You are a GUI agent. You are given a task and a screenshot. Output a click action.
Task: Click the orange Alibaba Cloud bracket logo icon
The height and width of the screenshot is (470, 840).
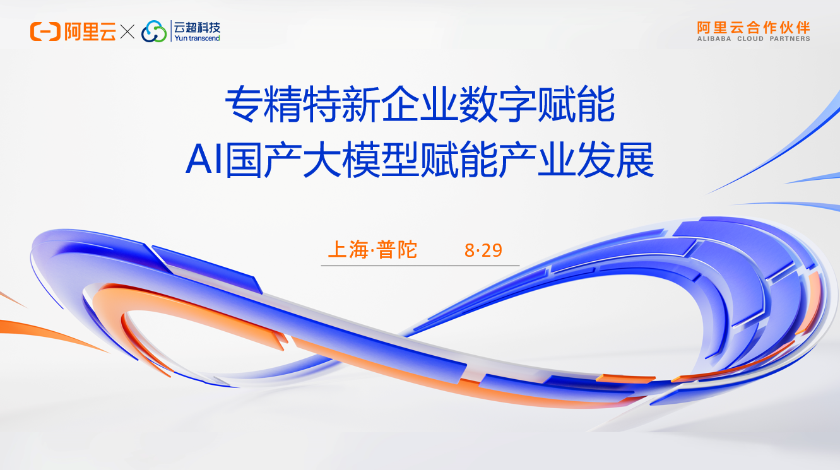45,31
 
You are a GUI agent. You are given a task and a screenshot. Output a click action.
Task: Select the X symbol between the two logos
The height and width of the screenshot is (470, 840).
127,32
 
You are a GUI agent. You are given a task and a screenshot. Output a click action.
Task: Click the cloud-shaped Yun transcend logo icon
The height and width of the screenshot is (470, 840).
154,32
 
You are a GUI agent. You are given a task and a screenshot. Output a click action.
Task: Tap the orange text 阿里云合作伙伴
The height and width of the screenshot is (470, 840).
753,27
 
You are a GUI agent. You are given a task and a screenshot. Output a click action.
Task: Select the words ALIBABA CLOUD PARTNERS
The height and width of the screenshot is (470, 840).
753,38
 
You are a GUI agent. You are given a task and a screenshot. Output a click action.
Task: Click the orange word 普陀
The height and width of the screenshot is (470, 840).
397,250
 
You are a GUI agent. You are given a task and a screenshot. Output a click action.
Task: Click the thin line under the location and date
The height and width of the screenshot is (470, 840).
420,266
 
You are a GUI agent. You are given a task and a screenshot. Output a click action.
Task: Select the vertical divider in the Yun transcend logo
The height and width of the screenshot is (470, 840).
170,32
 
